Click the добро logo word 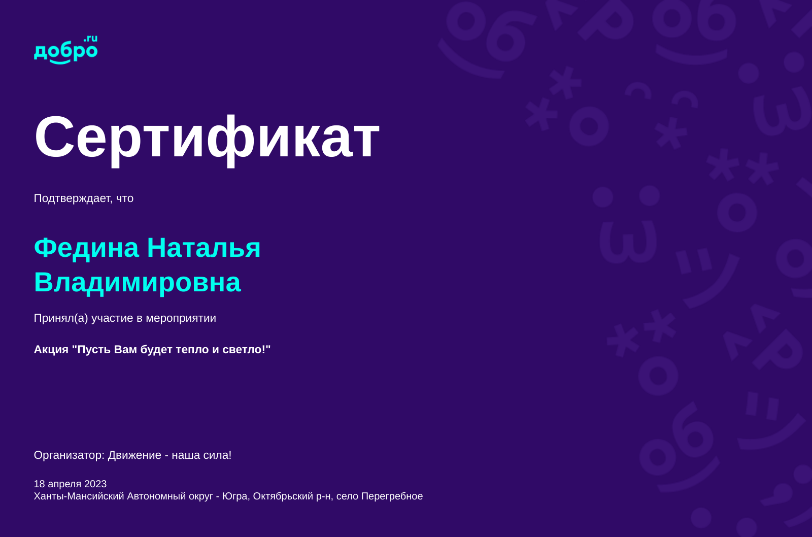pyautogui.click(x=65, y=52)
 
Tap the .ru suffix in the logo pyautogui.click(x=91, y=39)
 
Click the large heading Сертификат pyautogui.click(x=207, y=138)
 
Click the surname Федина pyautogui.click(x=86, y=248)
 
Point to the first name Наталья pyautogui.click(x=204, y=248)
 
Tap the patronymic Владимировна pyautogui.click(x=137, y=282)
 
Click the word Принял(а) pyautogui.click(x=61, y=318)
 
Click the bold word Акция pyautogui.click(x=51, y=350)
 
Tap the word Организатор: pyautogui.click(x=69, y=455)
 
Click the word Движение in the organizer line pyautogui.click(x=134, y=455)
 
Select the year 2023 pyautogui.click(x=95, y=484)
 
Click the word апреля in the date pyautogui.click(x=64, y=484)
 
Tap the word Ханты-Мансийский pyautogui.click(x=79, y=496)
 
